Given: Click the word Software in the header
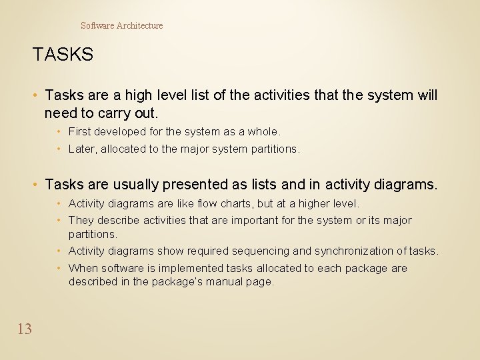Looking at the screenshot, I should pyautogui.click(x=97, y=25).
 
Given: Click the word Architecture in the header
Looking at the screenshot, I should pyautogui.click(x=140, y=25).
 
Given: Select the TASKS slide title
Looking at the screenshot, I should pyautogui.click(x=63, y=55).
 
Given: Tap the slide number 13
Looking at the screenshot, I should pyautogui.click(x=25, y=329).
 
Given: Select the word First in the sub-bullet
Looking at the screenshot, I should pyautogui.click(x=79, y=132).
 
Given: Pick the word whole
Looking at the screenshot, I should pyautogui.click(x=265, y=132).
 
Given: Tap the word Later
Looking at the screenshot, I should pyautogui.click(x=83, y=149).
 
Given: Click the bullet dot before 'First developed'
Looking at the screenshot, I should pyautogui.click(x=59, y=132).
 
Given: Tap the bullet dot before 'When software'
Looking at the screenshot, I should pyautogui.click(x=59, y=268).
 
